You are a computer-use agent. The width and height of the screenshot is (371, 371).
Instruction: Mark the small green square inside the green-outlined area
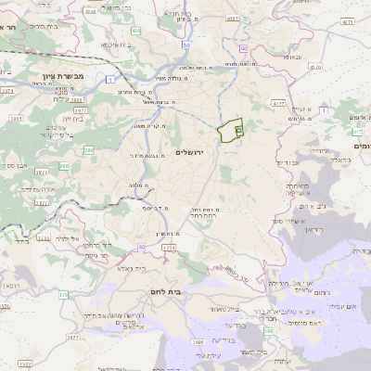[237, 132]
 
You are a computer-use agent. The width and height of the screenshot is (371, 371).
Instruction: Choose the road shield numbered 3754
[168, 249]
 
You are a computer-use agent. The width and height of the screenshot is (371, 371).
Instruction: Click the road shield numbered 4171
[348, 19]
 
